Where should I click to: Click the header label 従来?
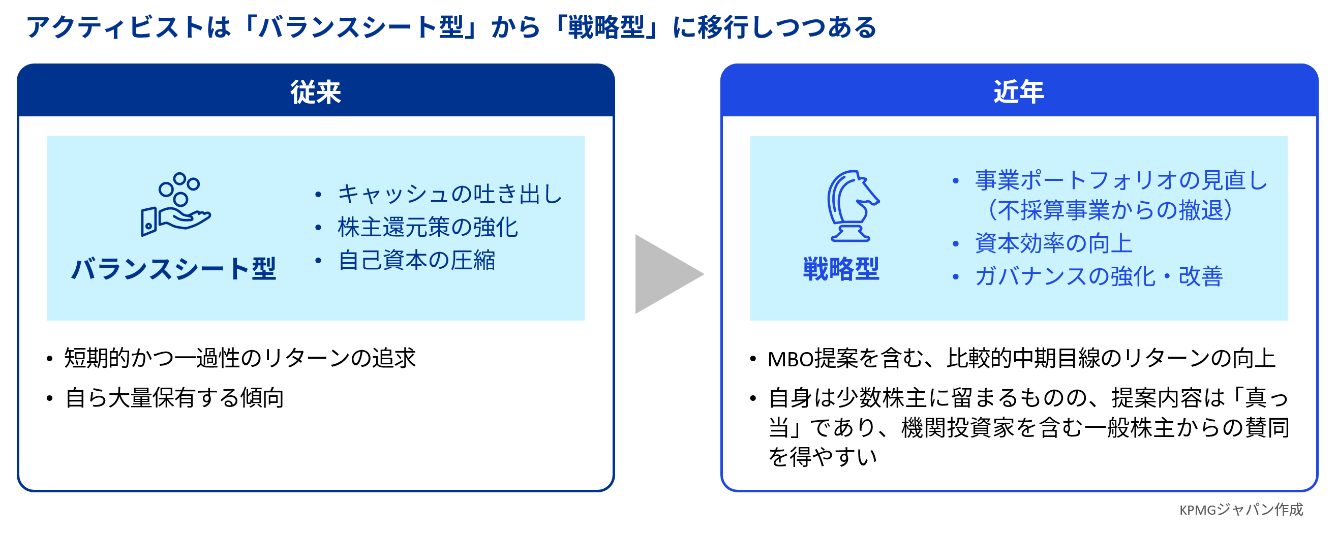[316, 92]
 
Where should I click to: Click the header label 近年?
[1018, 92]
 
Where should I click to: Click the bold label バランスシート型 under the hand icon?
[173, 269]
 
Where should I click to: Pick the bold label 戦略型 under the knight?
[841, 269]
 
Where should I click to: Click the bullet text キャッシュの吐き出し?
[449, 194]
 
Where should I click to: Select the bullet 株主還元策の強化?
[427, 227]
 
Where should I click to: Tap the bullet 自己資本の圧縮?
[416, 260]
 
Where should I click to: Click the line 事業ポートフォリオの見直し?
[1121, 180]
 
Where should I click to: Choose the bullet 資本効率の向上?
[1053, 243]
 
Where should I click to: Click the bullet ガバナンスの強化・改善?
[1098, 276]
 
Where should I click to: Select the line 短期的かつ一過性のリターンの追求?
[240, 358]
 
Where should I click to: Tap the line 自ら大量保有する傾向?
[174, 398]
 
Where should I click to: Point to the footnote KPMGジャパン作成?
[1240, 510]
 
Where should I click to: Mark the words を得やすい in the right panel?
[822, 457]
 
